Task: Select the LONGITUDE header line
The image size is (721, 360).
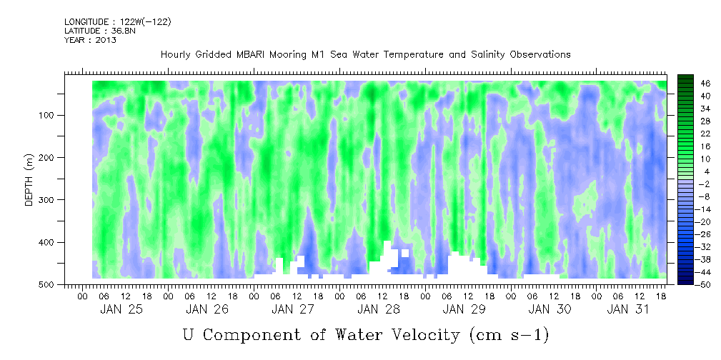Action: pyautogui.click(x=117, y=22)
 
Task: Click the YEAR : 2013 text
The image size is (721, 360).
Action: pyautogui.click(x=90, y=40)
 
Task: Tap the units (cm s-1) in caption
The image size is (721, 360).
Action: pyautogui.click(x=508, y=334)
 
